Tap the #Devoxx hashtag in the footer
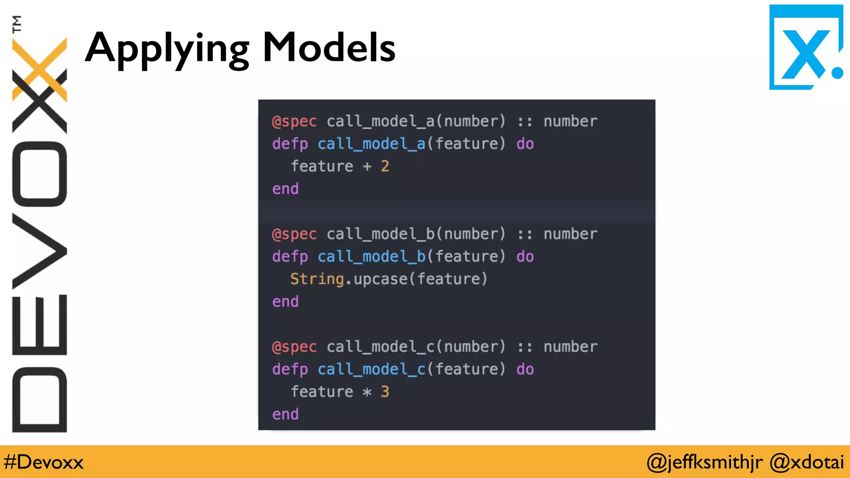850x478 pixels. pyautogui.click(x=44, y=462)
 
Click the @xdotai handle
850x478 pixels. pyautogui.click(x=806, y=462)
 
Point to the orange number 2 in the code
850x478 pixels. pyautogui.click(x=385, y=166)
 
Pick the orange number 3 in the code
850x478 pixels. pyautogui.click(x=385, y=392)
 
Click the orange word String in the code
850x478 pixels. pyautogui.click(x=317, y=279)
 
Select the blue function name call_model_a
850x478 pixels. pyautogui.click(x=371, y=144)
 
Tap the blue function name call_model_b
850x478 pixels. pyautogui.click(x=371, y=256)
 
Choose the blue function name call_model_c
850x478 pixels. pyautogui.click(x=371, y=369)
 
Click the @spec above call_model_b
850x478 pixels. pyautogui.click(x=294, y=234)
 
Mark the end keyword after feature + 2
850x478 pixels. pyautogui.click(x=285, y=189)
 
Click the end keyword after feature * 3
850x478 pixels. pyautogui.click(x=285, y=414)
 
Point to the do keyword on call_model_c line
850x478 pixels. pyautogui.click(x=525, y=369)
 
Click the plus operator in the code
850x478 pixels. pyautogui.click(x=367, y=166)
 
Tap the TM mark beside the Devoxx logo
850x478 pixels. pyautogui.click(x=17, y=24)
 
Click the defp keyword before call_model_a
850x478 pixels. pyautogui.click(x=290, y=144)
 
